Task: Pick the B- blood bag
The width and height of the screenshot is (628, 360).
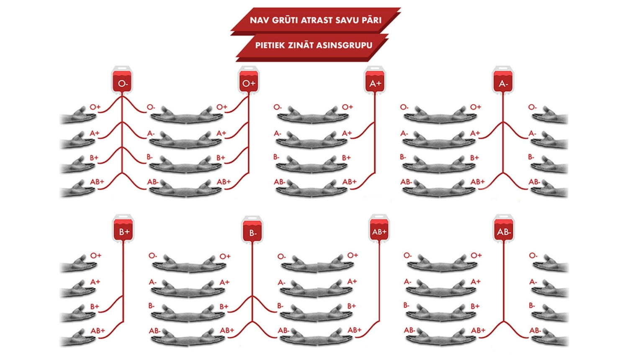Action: tap(252, 230)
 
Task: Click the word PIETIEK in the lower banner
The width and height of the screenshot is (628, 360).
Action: tap(270, 46)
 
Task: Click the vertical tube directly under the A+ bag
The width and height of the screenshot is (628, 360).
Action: tap(375, 134)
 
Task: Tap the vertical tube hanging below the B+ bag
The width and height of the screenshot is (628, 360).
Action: tap(124, 283)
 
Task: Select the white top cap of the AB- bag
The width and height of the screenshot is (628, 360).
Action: tap(504, 217)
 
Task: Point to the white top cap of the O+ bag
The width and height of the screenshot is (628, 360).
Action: tap(249, 68)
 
